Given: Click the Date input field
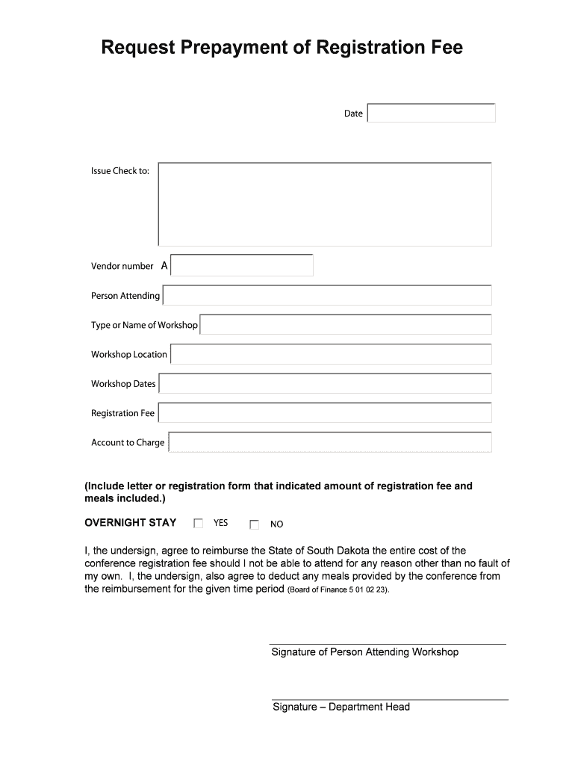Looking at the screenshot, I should [431, 113].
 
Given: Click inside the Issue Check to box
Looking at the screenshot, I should [325, 204].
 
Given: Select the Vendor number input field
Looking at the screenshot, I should [242, 265].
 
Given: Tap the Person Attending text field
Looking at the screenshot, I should [327, 296].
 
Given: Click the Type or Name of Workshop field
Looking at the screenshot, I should [346, 325].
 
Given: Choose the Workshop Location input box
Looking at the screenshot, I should [331, 354].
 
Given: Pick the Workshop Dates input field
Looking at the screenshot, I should [325, 384].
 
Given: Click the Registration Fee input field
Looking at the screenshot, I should [325, 413].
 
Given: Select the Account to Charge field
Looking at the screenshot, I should [330, 442].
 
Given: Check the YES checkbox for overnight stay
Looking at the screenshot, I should [198, 524].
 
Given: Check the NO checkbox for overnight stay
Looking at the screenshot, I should [254, 524].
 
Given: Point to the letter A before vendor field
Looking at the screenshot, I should [164, 266].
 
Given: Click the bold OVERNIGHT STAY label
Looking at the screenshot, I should [131, 523].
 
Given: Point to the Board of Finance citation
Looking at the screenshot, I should [338, 589].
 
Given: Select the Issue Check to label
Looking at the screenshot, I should [120, 171].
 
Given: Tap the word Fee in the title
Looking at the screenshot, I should [446, 49].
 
